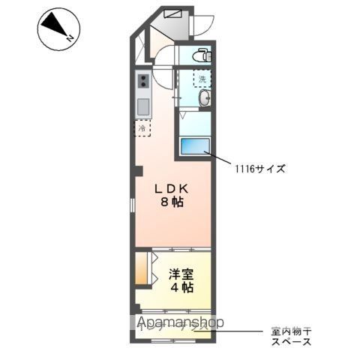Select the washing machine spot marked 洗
(201, 77)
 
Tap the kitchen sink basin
(142, 105)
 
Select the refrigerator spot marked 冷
(142, 128)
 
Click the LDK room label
(172, 187)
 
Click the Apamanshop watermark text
(180, 323)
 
